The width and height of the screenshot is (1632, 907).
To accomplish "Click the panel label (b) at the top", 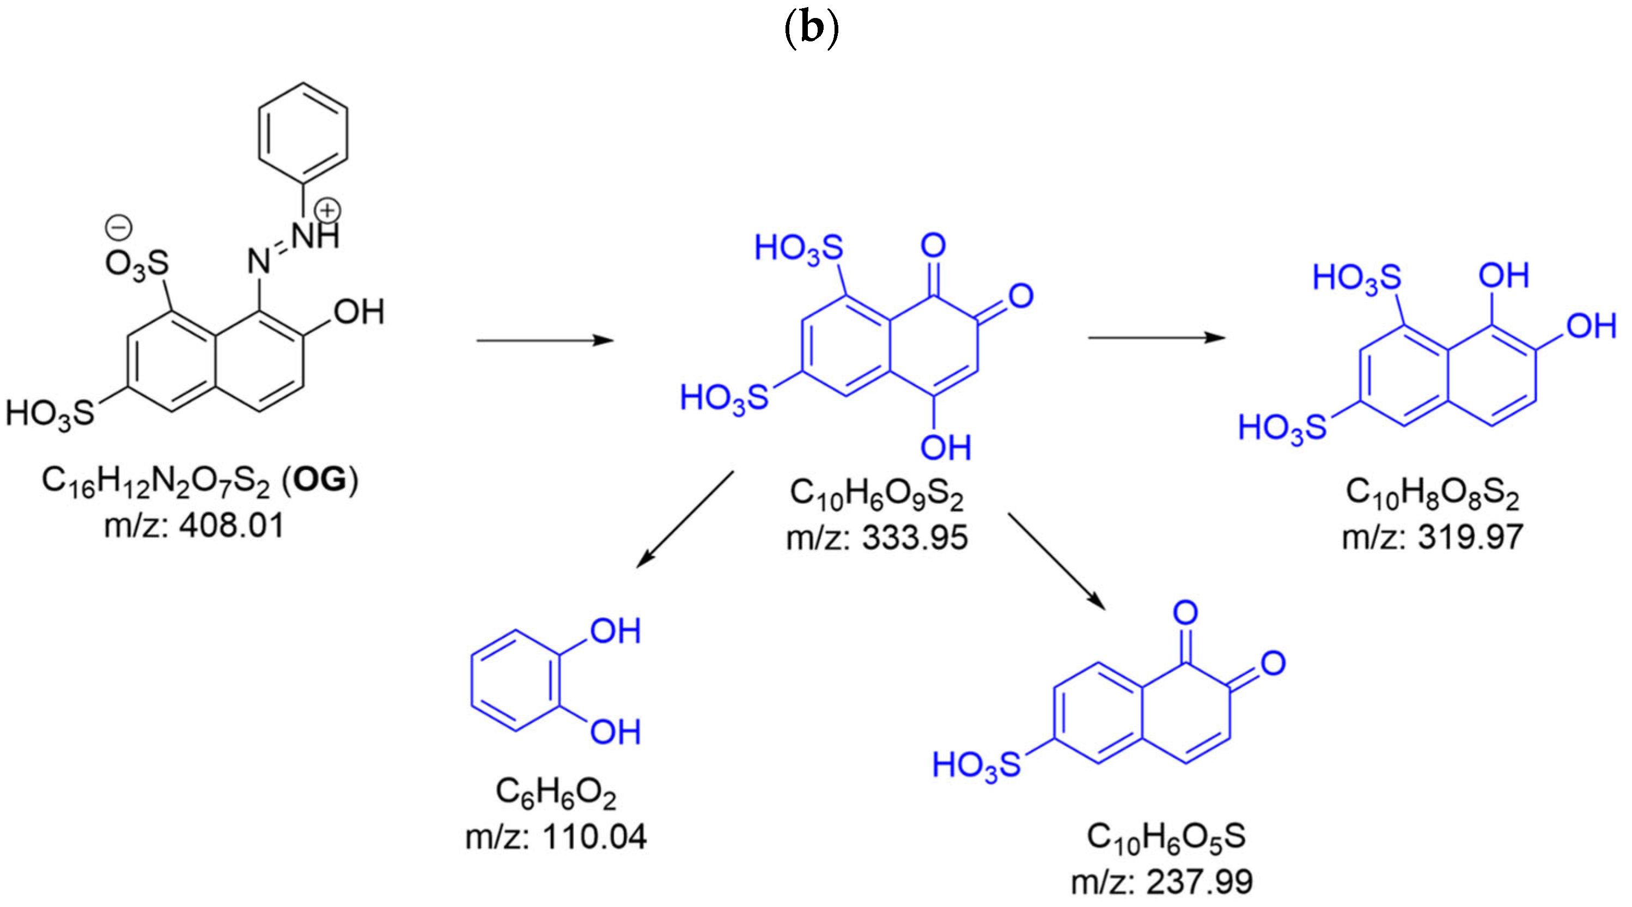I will (x=812, y=31).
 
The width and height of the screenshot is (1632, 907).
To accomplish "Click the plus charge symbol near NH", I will (x=328, y=210).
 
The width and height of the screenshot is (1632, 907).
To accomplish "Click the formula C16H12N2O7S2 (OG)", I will (x=199, y=482).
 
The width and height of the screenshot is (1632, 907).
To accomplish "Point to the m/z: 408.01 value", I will (x=194, y=526).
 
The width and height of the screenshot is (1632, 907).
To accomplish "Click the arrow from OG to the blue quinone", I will (x=545, y=341).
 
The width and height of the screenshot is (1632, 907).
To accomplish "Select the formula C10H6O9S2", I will (x=876, y=495).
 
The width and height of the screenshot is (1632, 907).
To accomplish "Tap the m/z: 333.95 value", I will (x=877, y=538).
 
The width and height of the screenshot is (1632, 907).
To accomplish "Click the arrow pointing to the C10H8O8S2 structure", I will (x=1156, y=338).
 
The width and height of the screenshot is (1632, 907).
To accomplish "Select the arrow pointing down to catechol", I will (x=685, y=519).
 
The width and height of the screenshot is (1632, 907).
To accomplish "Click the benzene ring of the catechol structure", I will (x=514, y=681).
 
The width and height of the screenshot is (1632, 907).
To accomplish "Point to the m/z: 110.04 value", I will (x=556, y=837).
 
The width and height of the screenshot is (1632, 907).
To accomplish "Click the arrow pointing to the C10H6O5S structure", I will (x=1056, y=561).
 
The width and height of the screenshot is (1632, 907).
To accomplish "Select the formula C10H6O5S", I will (x=1166, y=837).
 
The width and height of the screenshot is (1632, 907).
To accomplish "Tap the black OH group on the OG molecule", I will (x=358, y=312).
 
